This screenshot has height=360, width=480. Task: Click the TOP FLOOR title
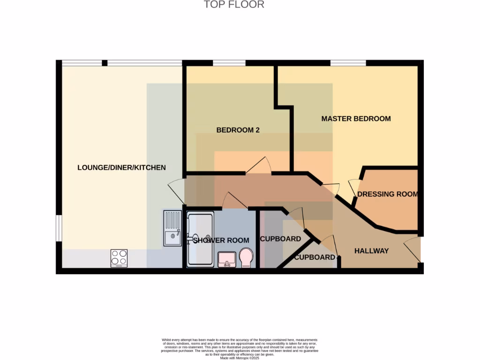tap(234, 5)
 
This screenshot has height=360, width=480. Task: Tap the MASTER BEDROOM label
tap(356, 119)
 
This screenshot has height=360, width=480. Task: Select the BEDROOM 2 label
tap(238, 130)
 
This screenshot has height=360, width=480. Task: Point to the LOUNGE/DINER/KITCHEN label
tap(121, 167)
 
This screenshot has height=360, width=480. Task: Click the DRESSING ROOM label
tap(387, 194)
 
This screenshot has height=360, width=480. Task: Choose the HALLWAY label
tap(371, 251)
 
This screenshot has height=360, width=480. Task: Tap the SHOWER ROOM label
tap(221, 240)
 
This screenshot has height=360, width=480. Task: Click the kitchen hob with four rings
tap(119, 258)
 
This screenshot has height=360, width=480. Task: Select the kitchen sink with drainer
tap(172, 228)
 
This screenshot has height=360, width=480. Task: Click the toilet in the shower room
tap(246, 258)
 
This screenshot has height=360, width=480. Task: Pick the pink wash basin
tap(227, 259)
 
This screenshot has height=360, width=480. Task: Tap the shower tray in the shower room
tap(200, 239)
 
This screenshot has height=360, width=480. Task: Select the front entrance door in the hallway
tap(412, 249)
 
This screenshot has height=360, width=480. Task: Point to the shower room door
tap(234, 200)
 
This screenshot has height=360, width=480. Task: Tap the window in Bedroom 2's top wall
tap(229, 63)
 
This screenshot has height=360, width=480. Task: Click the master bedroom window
tap(348, 63)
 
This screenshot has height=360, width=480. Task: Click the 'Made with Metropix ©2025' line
tap(240, 356)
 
